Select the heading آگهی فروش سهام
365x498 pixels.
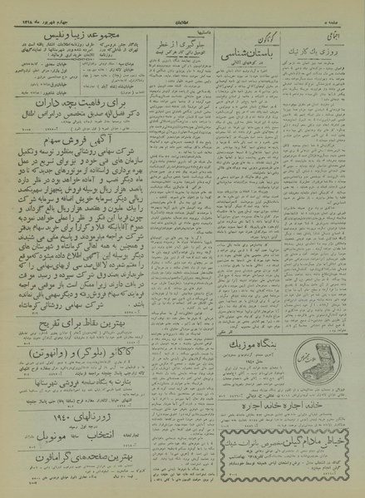83,143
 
